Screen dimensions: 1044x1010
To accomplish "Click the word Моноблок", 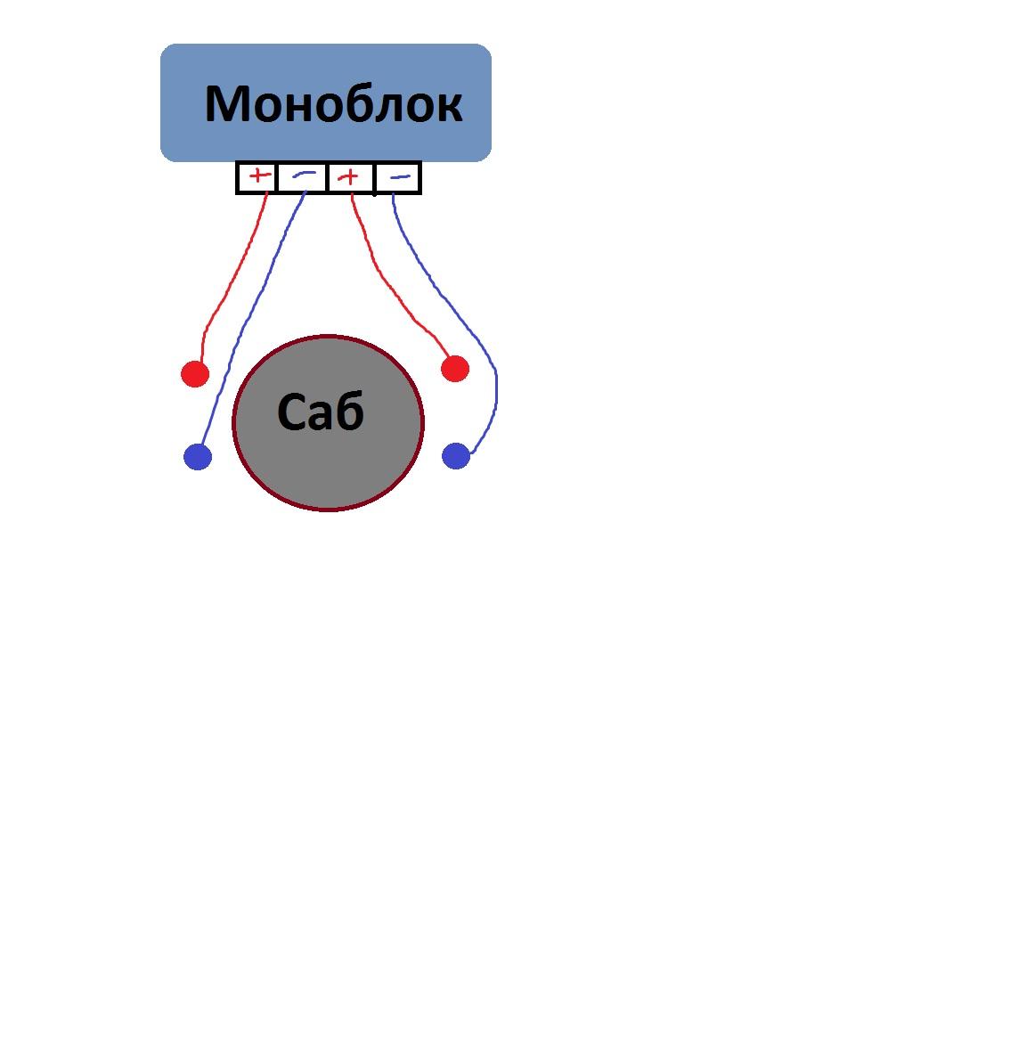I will (333, 103).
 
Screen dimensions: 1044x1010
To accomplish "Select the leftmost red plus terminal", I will (258, 176).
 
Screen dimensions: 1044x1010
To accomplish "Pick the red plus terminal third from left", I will (350, 177).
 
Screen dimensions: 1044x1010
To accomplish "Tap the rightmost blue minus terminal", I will (400, 177).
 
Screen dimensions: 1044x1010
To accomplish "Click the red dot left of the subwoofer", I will (194, 373).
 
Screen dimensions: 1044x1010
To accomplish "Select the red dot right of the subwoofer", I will (454, 368).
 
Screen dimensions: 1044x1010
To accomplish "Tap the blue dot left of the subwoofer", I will (197, 457).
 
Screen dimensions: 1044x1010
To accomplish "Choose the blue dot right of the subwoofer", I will (455, 456).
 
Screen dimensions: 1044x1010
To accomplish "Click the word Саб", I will (321, 412).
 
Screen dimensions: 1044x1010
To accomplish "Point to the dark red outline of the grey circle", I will (233, 423).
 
